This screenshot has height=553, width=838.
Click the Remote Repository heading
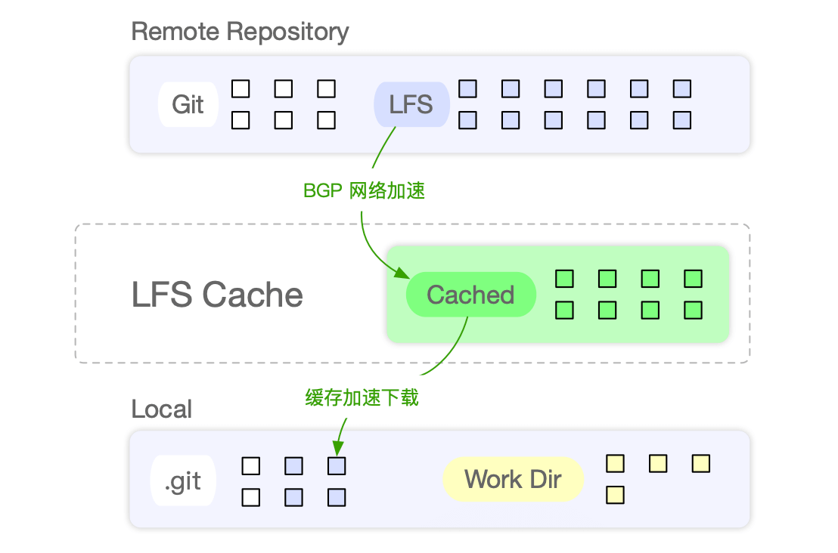pyautogui.click(x=240, y=32)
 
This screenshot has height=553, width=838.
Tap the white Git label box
pyautogui.click(x=188, y=104)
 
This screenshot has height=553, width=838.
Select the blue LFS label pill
pyautogui.click(x=411, y=104)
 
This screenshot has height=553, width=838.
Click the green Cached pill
pyautogui.click(x=470, y=295)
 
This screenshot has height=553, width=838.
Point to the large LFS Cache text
pyautogui.click(x=217, y=295)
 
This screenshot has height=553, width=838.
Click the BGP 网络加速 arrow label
pyautogui.click(x=364, y=191)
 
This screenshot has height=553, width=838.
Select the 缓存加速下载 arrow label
pyautogui.click(x=362, y=398)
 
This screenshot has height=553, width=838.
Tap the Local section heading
pyautogui.click(x=161, y=409)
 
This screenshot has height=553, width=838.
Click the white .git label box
pyautogui.click(x=183, y=481)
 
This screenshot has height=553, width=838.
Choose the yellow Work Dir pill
pyautogui.click(x=513, y=479)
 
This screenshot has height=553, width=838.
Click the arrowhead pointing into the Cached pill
pyautogui.click(x=400, y=273)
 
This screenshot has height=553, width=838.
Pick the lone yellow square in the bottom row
pyautogui.click(x=616, y=495)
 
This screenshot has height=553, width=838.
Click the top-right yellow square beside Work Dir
pyautogui.click(x=701, y=463)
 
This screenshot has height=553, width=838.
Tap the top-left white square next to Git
pyautogui.click(x=240, y=89)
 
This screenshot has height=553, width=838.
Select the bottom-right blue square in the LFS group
pyautogui.click(x=682, y=119)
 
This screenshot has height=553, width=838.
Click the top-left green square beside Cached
pyautogui.click(x=564, y=280)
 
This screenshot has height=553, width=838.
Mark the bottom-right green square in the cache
pyautogui.click(x=694, y=310)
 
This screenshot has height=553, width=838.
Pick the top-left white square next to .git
pyautogui.click(x=250, y=466)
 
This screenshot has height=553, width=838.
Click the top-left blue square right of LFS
pyautogui.click(x=467, y=89)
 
